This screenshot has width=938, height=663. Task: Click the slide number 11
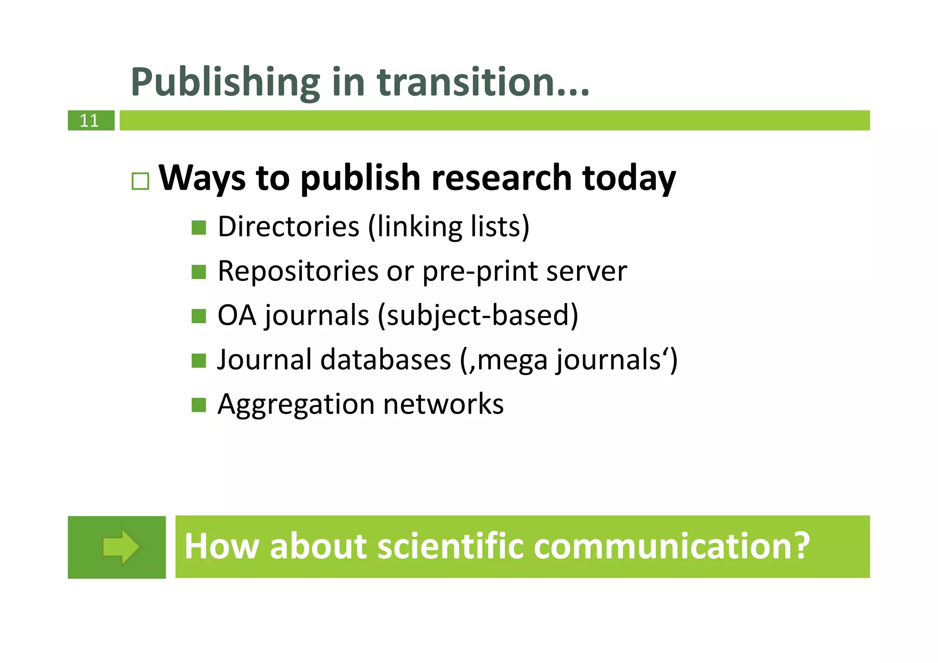pyautogui.click(x=89, y=121)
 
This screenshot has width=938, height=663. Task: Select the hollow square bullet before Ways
pyautogui.click(x=140, y=181)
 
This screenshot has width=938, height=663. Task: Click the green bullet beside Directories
pyautogui.click(x=199, y=227)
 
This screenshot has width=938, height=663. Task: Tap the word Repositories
pyautogui.click(x=298, y=271)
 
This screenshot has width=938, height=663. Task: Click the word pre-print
pyautogui.click(x=480, y=271)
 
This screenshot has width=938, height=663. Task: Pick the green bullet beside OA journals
pyautogui.click(x=199, y=316)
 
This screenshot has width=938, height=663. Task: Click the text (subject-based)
pyautogui.click(x=478, y=316)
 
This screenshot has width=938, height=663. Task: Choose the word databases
pyautogui.click(x=386, y=360)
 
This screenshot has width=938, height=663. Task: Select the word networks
pyautogui.click(x=443, y=404)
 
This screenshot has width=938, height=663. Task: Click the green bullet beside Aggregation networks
pyautogui.click(x=199, y=405)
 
